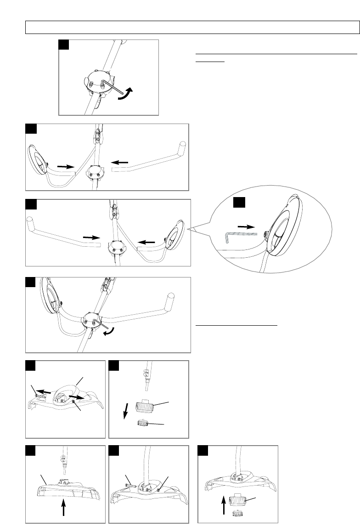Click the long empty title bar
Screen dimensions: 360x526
[192, 27]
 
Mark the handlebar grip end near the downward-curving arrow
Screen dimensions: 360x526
[171, 294]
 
